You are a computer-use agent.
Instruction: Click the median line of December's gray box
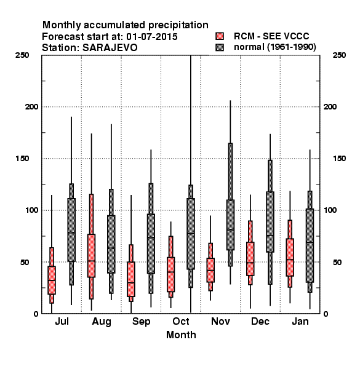270,236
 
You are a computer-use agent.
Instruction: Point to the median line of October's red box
170,272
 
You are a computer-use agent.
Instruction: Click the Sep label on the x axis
141,322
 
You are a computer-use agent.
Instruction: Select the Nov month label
220,322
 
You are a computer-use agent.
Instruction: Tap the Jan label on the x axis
300,322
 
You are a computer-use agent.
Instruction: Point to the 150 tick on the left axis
22,159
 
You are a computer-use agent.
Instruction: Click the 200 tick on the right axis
330,106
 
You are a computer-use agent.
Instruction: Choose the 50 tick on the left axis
25,262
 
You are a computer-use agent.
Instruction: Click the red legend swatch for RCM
220,36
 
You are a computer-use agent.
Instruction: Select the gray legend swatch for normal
220,47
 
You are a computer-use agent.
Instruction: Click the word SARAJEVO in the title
110,47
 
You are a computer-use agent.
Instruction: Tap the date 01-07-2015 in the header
152,36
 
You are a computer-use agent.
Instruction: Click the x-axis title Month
181,335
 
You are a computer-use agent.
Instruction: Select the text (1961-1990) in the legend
292,47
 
